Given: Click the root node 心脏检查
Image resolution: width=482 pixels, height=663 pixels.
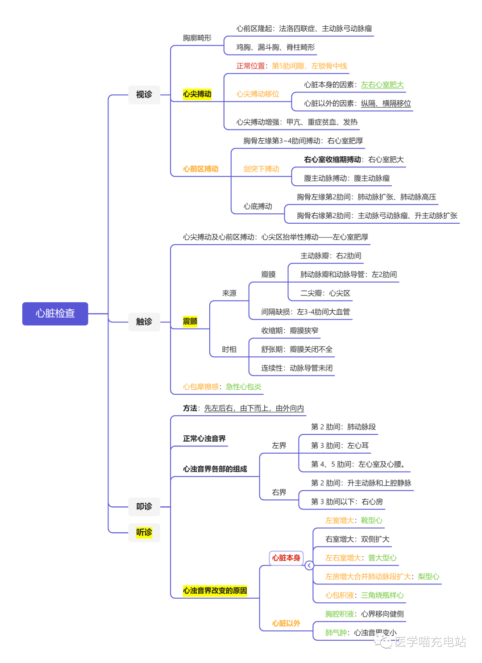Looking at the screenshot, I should coord(55,313).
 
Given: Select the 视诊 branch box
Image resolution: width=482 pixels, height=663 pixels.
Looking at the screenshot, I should coord(144,95).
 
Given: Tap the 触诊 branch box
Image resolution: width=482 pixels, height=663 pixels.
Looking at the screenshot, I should coord(144,321).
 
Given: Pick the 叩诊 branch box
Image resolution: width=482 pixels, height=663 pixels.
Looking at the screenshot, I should coord(144,506).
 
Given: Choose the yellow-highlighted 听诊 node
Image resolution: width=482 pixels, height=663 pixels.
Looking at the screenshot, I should coord(144,532).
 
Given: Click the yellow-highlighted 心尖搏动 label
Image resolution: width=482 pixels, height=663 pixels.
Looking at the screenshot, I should coord(197,94).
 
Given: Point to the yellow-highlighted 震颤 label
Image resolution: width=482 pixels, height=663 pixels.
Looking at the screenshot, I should coord(190,321).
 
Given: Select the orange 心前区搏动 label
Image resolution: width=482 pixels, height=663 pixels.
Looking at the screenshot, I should coord(200,169).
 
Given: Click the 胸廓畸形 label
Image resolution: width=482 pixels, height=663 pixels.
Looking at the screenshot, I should coord(197,38).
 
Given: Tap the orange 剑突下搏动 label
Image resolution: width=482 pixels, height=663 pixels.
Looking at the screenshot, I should coord(261,169).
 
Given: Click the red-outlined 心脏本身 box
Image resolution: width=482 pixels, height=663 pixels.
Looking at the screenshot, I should coord(286,558).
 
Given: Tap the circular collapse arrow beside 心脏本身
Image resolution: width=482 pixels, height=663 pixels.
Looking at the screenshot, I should coord(309,566).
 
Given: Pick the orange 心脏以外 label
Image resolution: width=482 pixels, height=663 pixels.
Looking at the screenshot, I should coord(286,623).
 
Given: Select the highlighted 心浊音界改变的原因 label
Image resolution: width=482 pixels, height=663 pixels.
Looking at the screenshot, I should coord(215,591).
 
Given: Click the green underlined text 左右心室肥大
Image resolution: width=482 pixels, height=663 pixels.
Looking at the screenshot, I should coord(382,85).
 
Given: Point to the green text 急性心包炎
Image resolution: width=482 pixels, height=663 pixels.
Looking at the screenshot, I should coord(243,387).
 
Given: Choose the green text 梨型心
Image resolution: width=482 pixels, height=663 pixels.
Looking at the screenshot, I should coord(428,577).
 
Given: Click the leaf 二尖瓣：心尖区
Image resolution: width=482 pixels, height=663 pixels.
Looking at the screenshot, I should coord(325,293).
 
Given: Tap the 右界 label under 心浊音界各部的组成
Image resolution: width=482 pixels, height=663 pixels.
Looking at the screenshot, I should coord(279,492).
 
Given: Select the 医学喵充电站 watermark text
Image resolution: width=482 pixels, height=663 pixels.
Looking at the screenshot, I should coord(430,642).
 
